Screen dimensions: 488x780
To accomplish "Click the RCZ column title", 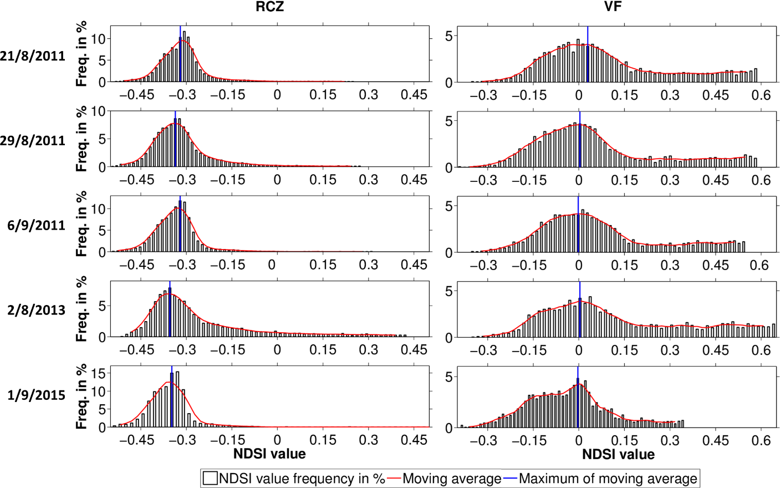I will (x=269, y=7).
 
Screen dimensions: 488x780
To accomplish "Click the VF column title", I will (x=613, y=7).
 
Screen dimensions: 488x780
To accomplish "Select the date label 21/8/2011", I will (x=33, y=56).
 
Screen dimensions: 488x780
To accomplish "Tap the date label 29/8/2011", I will (x=33, y=141).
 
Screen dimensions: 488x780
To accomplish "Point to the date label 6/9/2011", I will (x=36, y=225).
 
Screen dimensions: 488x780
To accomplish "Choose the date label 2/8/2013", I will (x=36, y=310).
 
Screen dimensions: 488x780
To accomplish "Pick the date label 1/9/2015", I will (x=36, y=395).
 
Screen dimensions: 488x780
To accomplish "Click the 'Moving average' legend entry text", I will (x=452, y=479).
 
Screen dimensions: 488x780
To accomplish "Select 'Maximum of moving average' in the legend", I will (x=608, y=479).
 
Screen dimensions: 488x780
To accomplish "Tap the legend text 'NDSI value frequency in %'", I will (x=302, y=479).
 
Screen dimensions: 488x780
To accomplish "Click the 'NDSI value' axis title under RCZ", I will (x=269, y=454).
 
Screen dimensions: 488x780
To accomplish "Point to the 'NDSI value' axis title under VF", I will (x=618, y=455).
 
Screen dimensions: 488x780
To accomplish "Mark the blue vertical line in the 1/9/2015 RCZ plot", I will (x=172, y=396).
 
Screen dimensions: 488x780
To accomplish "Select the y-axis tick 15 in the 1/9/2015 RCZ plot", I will (x=98, y=373).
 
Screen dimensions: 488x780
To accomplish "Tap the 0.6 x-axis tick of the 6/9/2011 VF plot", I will (x=759, y=266).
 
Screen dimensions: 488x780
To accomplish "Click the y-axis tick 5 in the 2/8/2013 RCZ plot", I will (x=101, y=306).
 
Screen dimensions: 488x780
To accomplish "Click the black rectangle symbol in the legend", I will (x=210, y=479).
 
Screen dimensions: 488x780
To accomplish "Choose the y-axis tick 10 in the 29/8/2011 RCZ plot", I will (x=98, y=111).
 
